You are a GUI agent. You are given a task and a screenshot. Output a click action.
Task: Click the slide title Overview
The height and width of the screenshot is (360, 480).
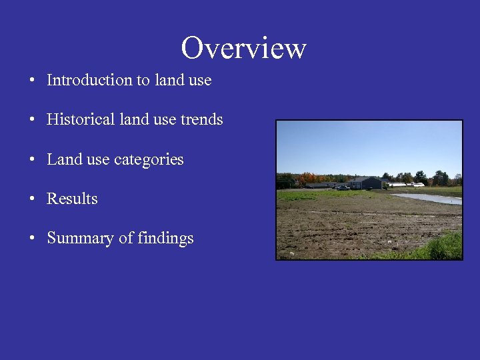(x=243, y=48)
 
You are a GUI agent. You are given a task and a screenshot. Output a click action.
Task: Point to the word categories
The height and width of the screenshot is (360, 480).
(x=149, y=160)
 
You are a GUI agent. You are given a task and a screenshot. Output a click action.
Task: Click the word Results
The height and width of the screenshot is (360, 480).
(x=72, y=199)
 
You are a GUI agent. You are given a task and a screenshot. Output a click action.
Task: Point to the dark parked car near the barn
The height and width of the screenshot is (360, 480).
(x=343, y=187)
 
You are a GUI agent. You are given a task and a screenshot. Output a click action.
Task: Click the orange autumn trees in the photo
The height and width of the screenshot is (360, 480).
(x=307, y=178)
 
